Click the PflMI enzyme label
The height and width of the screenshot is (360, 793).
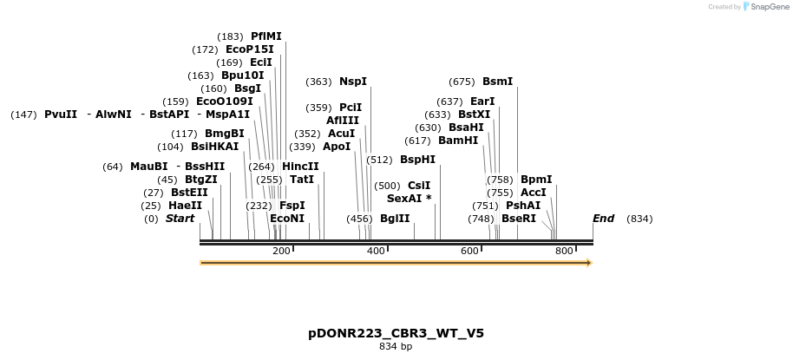tap(265, 36)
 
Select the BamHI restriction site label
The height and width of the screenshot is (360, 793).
tap(457, 141)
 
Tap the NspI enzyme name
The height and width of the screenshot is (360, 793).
tap(352, 82)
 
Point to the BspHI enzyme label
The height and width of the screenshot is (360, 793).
tap(417, 160)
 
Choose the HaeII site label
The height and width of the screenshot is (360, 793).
tap(185, 206)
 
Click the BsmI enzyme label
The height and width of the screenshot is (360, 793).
tap(497, 82)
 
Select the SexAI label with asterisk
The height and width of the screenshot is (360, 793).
tap(409, 199)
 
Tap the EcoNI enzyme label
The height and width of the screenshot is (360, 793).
tap(287, 219)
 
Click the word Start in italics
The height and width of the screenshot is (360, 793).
tap(180, 219)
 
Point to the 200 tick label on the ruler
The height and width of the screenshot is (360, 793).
tap(281, 251)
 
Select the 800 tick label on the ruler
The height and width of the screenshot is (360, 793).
tap(564, 251)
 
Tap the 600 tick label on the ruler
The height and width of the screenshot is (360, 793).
tap(469, 251)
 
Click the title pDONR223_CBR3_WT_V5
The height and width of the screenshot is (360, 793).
tap(396, 333)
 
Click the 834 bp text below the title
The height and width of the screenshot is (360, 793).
tap(396, 347)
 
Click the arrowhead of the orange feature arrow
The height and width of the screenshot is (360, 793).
tap(588, 262)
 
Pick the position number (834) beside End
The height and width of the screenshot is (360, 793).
tap(639, 219)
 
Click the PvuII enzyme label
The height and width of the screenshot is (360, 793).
tap(61, 115)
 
